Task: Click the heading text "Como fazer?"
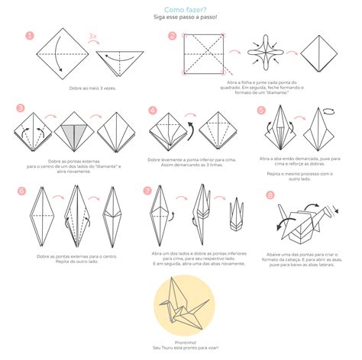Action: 180,8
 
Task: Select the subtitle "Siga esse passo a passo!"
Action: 180,17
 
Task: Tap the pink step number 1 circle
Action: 29,36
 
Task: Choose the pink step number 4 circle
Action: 153,110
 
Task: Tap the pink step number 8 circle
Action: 270,195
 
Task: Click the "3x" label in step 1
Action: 93,36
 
